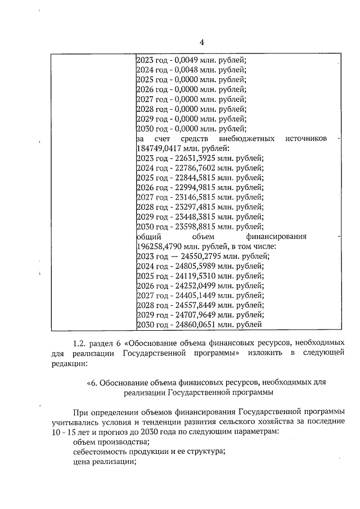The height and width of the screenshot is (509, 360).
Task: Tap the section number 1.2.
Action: [x=81, y=342]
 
